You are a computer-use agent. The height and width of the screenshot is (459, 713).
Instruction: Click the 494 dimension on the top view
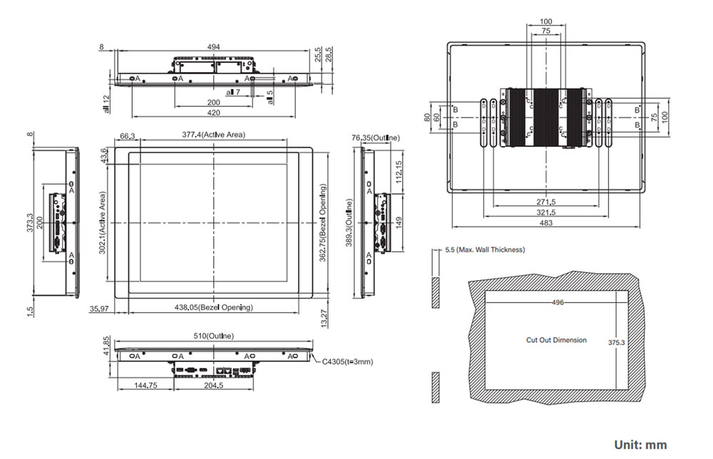213,46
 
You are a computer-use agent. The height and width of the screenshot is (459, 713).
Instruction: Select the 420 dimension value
213,113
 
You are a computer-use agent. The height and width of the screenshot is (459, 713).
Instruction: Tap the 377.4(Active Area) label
212,135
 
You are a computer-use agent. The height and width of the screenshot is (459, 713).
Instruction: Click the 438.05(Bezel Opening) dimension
213,307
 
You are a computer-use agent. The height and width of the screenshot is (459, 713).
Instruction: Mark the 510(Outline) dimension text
213,335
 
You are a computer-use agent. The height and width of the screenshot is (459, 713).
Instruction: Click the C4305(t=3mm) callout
347,361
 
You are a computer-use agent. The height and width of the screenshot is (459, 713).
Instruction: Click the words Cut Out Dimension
556,340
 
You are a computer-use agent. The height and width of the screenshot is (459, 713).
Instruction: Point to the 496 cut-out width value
557,302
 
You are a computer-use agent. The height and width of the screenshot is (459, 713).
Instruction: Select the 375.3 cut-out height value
617,342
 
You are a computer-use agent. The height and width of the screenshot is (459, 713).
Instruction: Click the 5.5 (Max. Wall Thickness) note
484,249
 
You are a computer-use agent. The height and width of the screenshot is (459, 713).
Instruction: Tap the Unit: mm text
640,445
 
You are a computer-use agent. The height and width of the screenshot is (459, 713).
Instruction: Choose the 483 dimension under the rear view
546,224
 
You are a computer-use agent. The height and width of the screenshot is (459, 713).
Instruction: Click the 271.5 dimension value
546,202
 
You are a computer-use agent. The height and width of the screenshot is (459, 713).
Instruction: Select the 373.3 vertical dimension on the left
29,223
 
